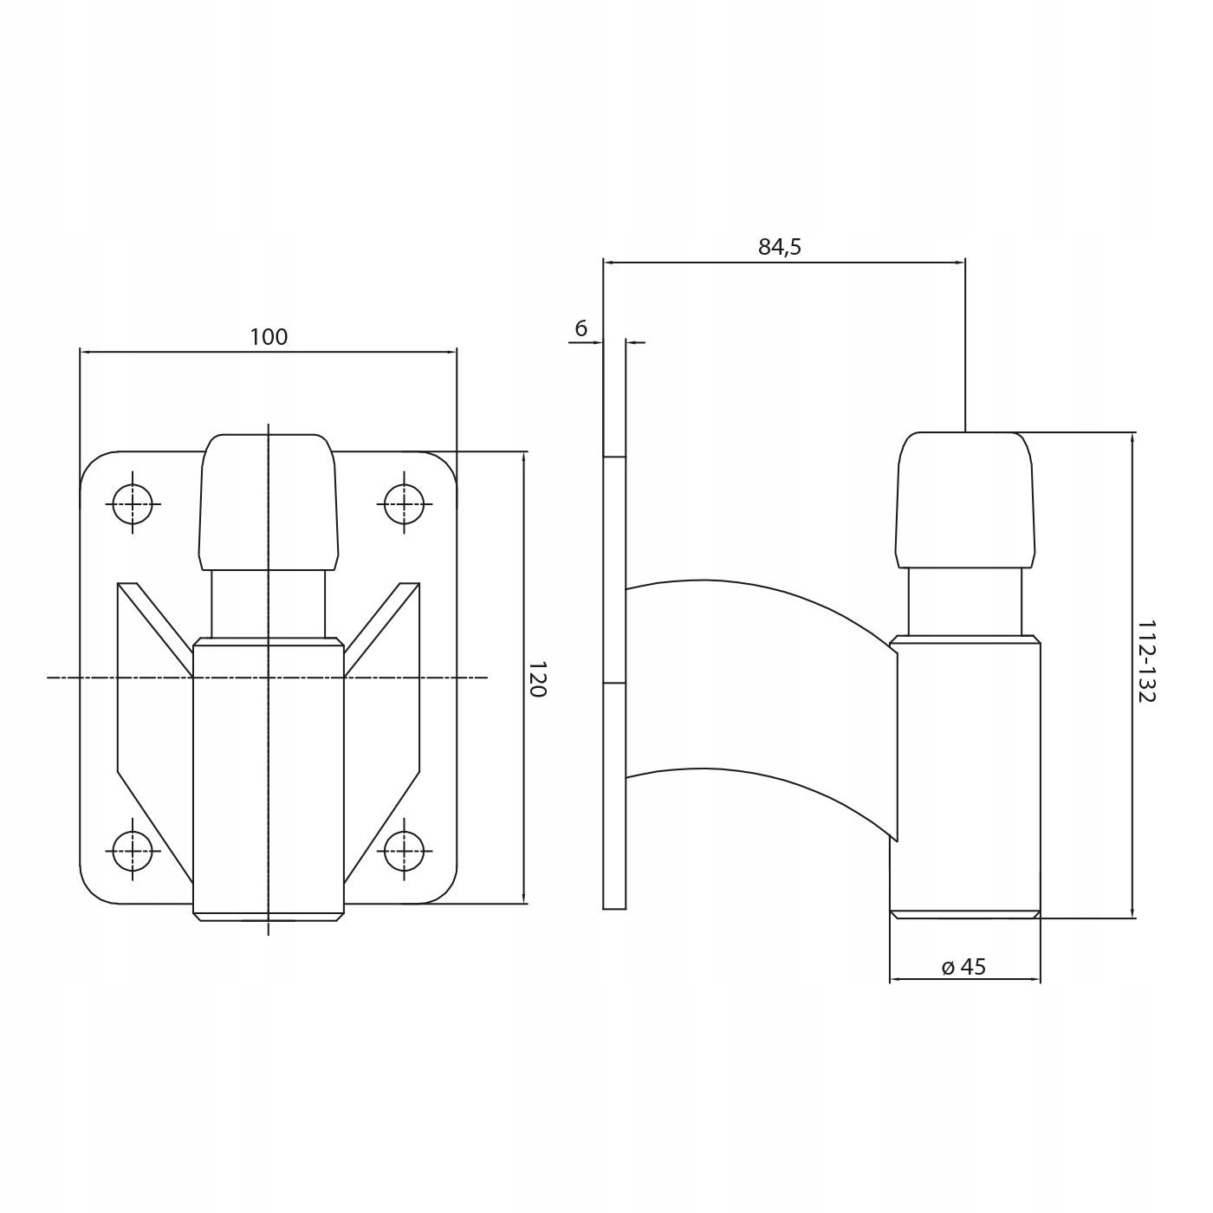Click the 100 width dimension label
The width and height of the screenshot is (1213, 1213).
click(x=269, y=337)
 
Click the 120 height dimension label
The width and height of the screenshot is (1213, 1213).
click(x=537, y=678)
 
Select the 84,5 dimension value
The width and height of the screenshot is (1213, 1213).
click(x=780, y=247)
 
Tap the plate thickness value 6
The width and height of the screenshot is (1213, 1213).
click(x=581, y=328)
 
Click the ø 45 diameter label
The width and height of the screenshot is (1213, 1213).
click(x=964, y=967)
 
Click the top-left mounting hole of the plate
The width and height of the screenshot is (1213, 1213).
click(x=133, y=503)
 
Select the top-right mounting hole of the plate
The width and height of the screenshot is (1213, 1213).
click(x=404, y=503)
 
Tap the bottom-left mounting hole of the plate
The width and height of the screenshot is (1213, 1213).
click(x=133, y=850)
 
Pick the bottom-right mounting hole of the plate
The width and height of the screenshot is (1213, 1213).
click(x=404, y=850)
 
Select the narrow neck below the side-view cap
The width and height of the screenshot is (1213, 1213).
click(x=965, y=602)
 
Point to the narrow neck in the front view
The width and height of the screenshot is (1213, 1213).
click(x=269, y=604)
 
